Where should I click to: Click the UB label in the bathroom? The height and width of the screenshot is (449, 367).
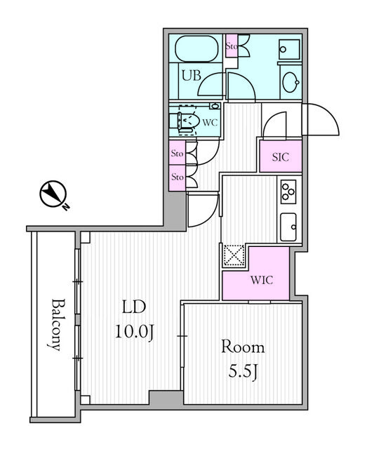tap(192, 76)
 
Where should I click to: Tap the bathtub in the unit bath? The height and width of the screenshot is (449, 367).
tap(196, 48)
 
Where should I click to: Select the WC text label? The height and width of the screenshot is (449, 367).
tap(210, 123)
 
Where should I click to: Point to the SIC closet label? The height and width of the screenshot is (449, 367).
tap(281, 157)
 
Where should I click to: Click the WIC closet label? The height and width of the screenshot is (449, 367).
tap(262, 280)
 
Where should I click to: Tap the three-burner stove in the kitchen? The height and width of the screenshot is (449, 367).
tap(288, 192)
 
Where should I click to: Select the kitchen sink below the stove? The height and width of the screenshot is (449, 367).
tap(288, 227)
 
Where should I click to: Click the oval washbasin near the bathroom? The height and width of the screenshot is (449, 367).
tap(291, 82)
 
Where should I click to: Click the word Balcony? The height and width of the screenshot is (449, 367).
tap(56, 325)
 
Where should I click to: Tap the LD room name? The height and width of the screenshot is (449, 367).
tap(134, 307)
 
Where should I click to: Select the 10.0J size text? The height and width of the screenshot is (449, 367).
tap(135, 333)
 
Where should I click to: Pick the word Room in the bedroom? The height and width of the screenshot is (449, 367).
tap(243, 347)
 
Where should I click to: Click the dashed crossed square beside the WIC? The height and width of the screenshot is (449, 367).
tap(234, 255)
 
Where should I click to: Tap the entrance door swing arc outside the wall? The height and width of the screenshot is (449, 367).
tap(321, 119)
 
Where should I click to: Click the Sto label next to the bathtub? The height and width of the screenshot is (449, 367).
tap(231, 46)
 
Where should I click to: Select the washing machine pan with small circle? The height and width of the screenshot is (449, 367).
tap(289, 49)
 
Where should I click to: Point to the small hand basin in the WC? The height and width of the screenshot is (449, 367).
tap(215, 106)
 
